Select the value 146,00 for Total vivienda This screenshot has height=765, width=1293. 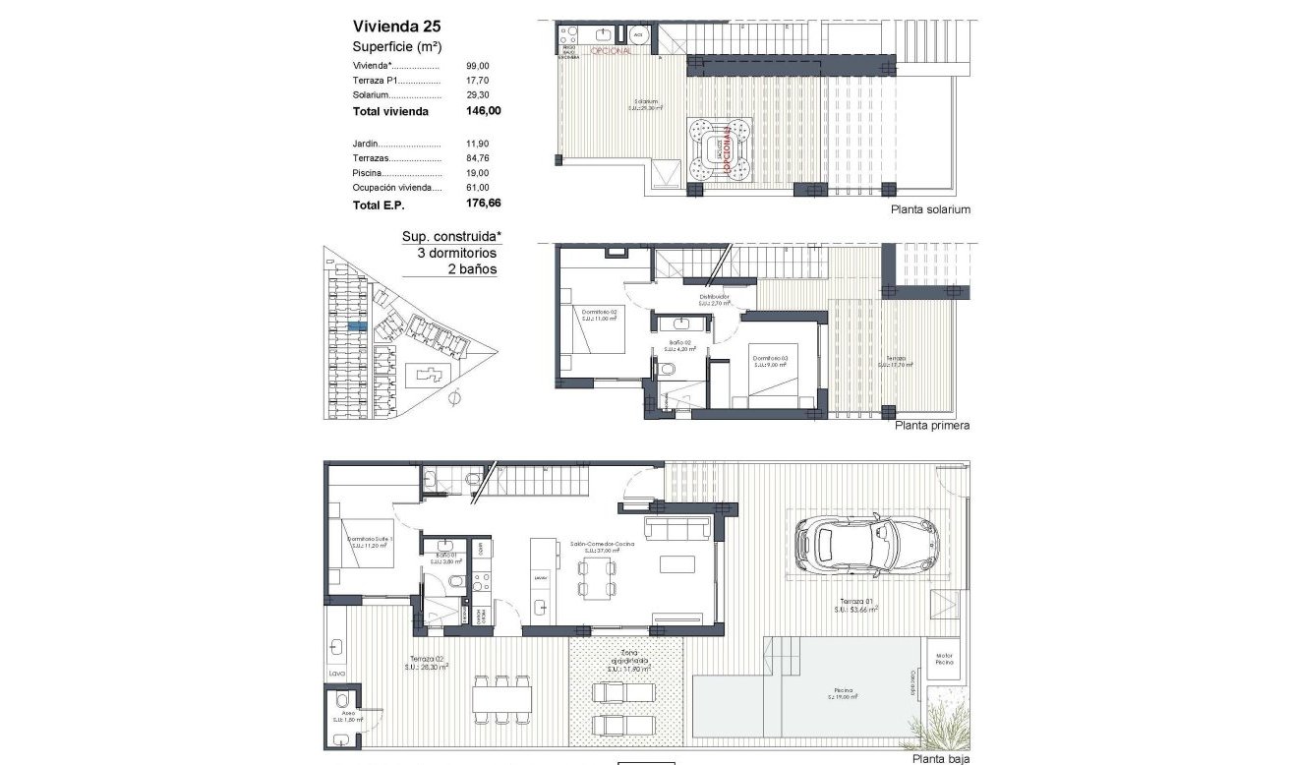coord(483,111)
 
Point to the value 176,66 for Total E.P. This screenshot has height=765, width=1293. coord(483,205)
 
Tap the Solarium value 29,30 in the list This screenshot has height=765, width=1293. coord(478,94)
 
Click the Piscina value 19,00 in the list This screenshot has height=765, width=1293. coord(478,173)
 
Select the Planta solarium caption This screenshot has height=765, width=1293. coord(929,209)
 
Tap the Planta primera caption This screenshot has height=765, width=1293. coord(931,426)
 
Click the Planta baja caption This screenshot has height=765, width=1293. coord(940,759)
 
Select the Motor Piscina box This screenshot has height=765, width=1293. coord(945,659)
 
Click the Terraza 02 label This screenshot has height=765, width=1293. coord(426,661)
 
